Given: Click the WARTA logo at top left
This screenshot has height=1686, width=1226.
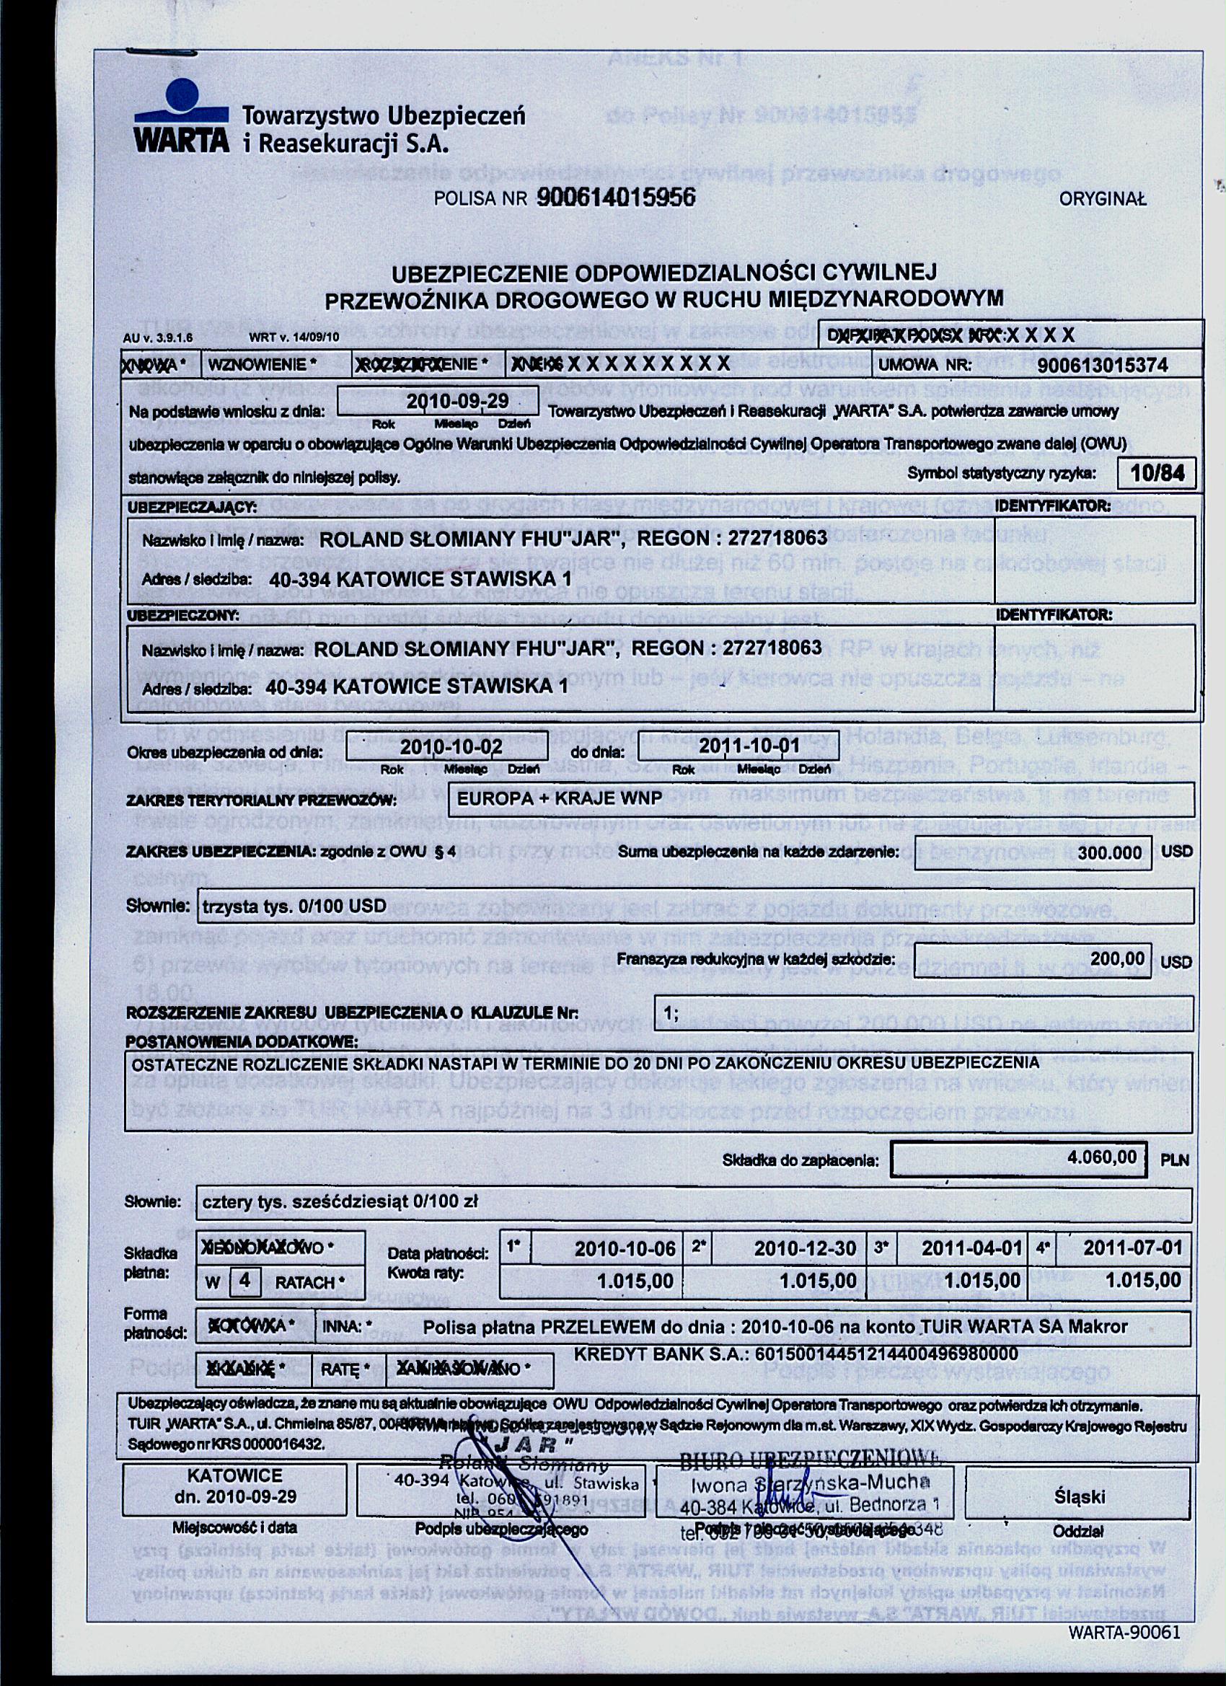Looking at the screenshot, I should tap(182, 119).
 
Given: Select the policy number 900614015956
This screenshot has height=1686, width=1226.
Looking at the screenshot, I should tap(615, 198).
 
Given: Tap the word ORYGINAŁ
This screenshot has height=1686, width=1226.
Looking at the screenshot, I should tap(1103, 199).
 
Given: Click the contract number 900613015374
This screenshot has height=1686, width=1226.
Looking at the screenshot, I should tap(1103, 365).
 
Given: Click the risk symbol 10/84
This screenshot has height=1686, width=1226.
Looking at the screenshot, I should tap(1156, 473).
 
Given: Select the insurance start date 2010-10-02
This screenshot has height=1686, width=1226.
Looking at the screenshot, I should tap(451, 746).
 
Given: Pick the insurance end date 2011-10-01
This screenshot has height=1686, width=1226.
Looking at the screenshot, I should tap(749, 746).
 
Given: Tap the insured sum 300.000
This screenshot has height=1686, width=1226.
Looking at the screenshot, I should tap(1108, 852).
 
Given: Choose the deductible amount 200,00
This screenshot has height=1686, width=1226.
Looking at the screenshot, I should tap(1116, 958).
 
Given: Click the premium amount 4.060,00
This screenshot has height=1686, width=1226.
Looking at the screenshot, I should tap(1101, 1157).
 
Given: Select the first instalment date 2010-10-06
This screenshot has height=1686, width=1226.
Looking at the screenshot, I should tap(625, 1249).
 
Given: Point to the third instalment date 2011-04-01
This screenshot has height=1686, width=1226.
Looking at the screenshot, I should tap(971, 1249).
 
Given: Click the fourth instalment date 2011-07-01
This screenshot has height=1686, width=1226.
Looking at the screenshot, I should tap(1132, 1248).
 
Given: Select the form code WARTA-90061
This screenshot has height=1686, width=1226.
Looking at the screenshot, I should tap(1124, 1633).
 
